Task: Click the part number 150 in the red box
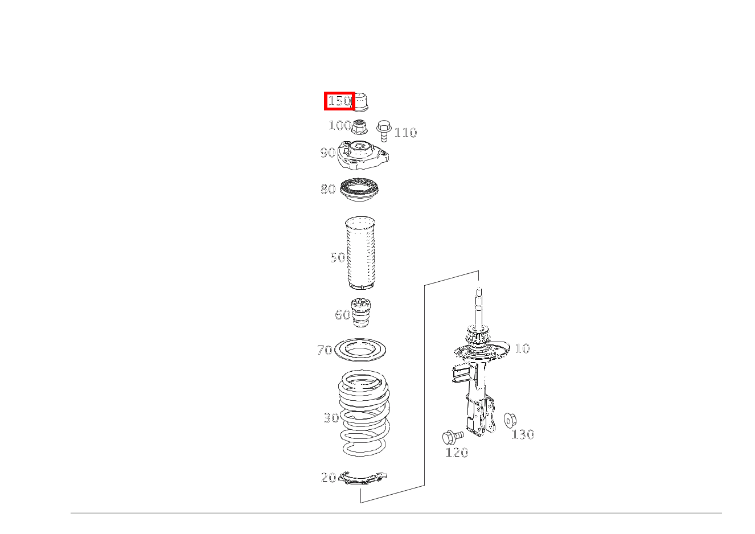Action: pos(339,101)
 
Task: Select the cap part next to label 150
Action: pos(360,101)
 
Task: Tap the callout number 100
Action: pos(340,126)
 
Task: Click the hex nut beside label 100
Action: pos(359,127)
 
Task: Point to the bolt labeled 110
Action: pos(384,131)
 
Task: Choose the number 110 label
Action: pos(405,133)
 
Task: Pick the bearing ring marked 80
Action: pos(360,190)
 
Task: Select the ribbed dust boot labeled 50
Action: pos(360,253)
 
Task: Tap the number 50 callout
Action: pos(338,258)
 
